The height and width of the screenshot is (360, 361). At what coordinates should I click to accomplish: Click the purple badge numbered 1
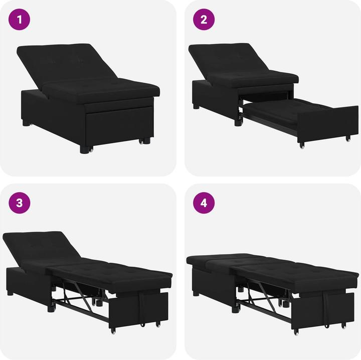coord(20,20)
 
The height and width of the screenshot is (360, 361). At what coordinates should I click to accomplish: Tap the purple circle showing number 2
coord(204,20)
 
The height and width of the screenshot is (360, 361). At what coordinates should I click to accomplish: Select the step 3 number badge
coord(20,203)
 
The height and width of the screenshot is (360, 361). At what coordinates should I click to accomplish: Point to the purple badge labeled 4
coord(204,203)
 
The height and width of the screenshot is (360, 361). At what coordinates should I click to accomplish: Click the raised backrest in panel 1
coord(65,63)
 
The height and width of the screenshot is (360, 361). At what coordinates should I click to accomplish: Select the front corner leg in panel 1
coord(83,148)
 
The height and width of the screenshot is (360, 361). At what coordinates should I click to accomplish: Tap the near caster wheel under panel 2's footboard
coord(301,145)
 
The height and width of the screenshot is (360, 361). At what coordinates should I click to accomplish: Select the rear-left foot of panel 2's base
coord(196,106)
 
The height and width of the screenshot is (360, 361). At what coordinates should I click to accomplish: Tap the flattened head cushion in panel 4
coord(221,259)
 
